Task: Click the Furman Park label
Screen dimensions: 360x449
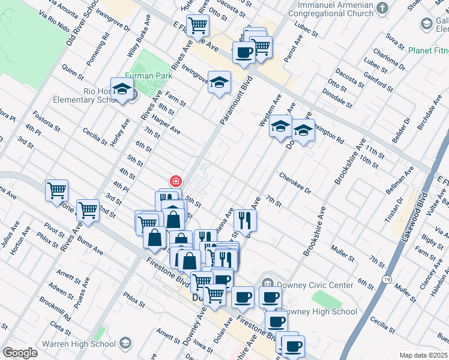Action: click(153, 76)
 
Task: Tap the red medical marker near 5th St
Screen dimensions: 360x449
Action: click(176, 181)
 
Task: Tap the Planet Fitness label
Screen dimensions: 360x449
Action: click(428, 51)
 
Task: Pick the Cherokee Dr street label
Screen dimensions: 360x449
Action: click(295, 183)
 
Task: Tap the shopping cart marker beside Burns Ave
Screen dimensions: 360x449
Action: click(88, 211)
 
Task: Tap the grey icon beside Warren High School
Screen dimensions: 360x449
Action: click(125, 343)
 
